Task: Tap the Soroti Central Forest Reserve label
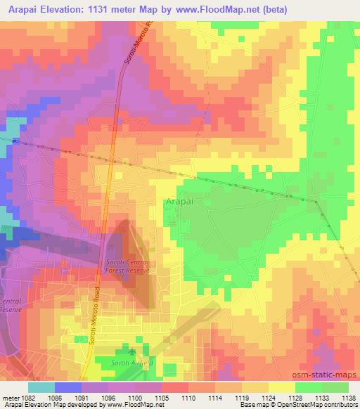tap(124, 264)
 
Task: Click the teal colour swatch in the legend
tap(41, 387)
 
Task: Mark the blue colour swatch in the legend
tap(67, 387)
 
